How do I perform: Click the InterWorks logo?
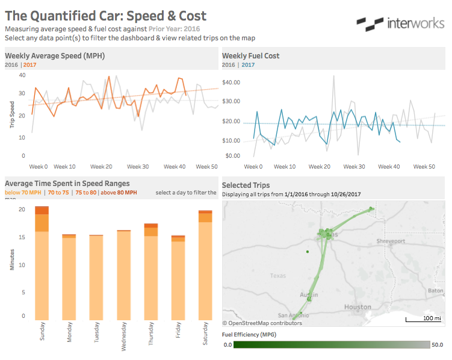point(400,23)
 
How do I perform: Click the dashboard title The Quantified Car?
point(105,16)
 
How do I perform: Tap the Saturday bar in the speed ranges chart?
point(205,265)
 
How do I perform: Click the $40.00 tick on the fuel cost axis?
point(231,82)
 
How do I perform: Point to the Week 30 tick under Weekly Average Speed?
point(138,167)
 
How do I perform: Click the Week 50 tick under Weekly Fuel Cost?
point(424,167)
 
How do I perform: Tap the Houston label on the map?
point(357,307)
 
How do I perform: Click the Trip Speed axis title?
point(12,114)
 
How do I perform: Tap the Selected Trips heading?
point(246,185)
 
